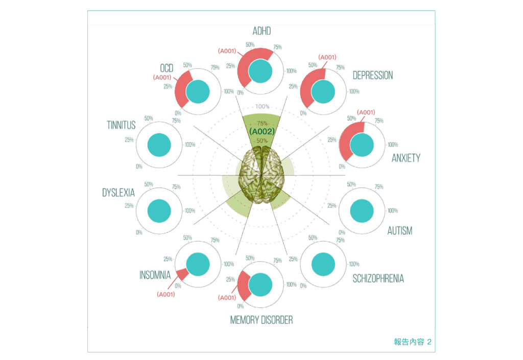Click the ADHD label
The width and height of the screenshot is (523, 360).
tap(261, 32)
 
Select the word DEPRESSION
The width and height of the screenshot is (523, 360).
tap(373, 76)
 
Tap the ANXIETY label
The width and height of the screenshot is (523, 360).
tap(406, 158)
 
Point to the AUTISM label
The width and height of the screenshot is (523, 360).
tap(399, 231)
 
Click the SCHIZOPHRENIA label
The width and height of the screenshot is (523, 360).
tap(378, 278)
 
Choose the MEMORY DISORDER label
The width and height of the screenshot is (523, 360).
tap(261, 320)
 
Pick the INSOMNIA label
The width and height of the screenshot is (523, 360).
tap(155, 275)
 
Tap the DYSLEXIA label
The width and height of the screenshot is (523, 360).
tap(118, 193)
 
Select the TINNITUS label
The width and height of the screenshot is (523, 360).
tap(121, 125)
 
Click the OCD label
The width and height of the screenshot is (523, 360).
tap(167, 68)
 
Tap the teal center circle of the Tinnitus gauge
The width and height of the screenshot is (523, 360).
tap(159, 145)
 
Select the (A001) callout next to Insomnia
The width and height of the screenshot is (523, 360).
tap(165, 294)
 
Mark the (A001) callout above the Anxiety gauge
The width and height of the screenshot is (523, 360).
tap(366, 112)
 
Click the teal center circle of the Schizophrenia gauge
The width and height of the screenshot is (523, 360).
tap(323, 263)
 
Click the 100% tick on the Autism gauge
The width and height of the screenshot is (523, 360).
tap(392, 211)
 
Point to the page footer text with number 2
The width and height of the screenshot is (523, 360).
tap(413, 342)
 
